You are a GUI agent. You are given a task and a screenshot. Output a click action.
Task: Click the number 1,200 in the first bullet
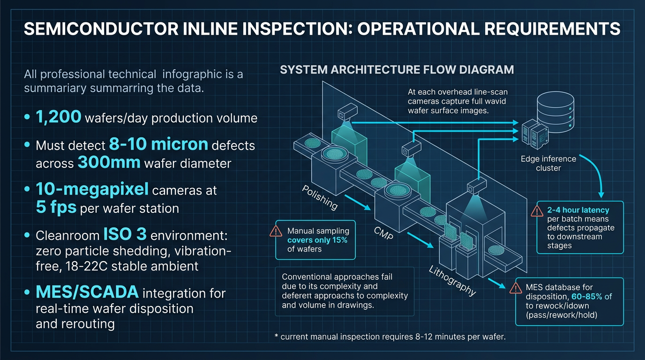pos(58,117)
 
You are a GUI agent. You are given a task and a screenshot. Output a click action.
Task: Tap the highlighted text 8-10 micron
pos(158,144)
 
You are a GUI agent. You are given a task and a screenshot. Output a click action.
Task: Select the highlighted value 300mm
pos(109,162)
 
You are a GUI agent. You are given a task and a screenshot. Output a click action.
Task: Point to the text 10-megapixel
pos(92,189)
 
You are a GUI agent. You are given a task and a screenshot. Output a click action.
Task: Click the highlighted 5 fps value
pos(56,207)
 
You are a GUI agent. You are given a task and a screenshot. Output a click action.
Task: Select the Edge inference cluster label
pos(548,163)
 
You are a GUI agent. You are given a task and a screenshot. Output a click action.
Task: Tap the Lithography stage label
pos(453,281)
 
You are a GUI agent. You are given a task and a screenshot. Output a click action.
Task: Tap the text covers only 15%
pos(317,240)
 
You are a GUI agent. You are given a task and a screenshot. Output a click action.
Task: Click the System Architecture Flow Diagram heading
pos(397,70)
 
